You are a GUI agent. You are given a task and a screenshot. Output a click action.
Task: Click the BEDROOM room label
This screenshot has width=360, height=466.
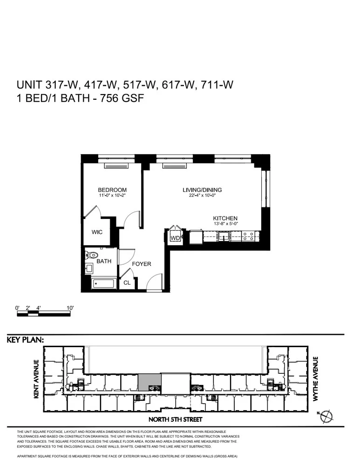point(112,190)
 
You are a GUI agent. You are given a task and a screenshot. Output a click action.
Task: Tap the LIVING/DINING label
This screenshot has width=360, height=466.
point(202,190)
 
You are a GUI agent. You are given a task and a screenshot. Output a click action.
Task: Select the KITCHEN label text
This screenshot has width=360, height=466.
point(225,218)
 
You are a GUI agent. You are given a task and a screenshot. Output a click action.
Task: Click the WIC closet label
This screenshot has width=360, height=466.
point(97,232)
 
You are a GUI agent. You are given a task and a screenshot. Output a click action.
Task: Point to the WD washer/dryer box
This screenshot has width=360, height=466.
point(176,238)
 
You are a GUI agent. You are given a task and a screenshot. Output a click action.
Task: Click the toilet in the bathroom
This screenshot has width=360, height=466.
point(92,255)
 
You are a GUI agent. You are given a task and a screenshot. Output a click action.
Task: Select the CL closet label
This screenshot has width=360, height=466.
point(127,282)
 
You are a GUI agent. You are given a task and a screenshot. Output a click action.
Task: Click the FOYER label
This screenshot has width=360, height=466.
point(142,264)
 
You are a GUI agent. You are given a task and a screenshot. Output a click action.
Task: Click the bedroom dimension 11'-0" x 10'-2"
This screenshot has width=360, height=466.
point(112,196)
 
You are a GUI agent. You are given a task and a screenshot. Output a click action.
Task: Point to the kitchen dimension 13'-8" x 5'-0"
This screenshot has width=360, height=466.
point(225,224)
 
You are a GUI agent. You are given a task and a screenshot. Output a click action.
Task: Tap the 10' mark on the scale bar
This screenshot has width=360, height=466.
point(70,308)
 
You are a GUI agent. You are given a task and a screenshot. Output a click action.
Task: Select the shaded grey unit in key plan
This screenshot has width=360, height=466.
point(149,381)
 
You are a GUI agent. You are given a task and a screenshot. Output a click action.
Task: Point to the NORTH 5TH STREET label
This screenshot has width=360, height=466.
point(179,419)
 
